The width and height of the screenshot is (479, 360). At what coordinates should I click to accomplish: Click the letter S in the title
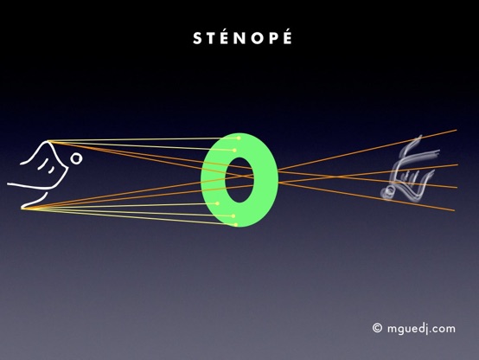point(197,39)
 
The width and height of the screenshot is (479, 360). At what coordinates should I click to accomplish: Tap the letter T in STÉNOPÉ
point(211,39)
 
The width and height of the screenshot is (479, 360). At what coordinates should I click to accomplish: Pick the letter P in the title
point(274,39)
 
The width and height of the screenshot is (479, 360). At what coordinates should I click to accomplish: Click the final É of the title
point(287,36)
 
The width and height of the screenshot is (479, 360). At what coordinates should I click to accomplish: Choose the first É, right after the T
point(226,36)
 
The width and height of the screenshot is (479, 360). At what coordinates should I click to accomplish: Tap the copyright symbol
point(377,328)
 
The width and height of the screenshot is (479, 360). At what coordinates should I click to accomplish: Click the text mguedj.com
point(421,329)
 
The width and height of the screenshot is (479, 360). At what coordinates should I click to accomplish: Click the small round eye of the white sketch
point(76,158)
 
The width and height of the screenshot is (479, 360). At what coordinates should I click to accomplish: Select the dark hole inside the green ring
point(239,180)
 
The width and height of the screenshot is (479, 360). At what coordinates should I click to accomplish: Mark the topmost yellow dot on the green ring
point(239,138)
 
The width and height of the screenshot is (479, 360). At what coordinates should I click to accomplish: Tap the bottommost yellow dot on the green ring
point(236,225)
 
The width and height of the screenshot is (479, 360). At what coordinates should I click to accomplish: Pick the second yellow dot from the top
point(234,151)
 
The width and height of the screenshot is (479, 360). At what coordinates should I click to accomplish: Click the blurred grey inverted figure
point(409,171)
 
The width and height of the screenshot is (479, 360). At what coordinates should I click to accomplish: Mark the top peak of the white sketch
point(48,141)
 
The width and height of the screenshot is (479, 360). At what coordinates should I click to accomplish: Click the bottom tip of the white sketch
point(22,209)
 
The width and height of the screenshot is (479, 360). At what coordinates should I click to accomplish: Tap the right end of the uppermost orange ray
point(457,130)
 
